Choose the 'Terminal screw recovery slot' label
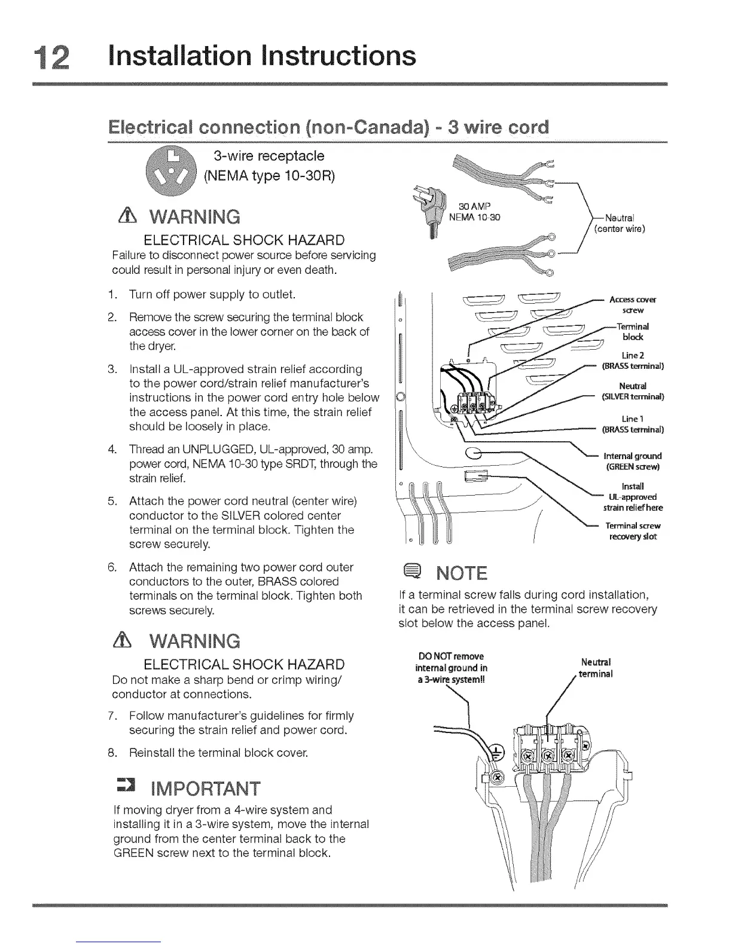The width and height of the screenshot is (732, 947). point(632,531)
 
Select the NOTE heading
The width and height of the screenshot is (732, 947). point(462,574)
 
